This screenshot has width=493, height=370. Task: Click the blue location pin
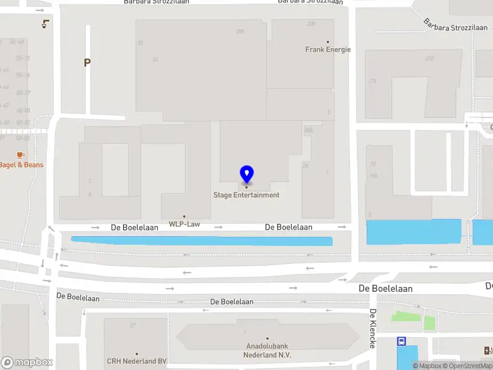click(246, 175)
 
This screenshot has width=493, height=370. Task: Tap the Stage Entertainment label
click(246, 195)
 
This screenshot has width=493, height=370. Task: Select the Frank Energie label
click(328, 50)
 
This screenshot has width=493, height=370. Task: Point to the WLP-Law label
click(184, 224)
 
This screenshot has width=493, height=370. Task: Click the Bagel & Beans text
click(22, 165)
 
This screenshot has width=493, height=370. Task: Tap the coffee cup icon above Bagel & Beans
click(20, 154)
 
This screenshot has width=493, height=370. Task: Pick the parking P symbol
click(87, 62)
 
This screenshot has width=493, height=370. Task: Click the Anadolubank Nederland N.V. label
click(267, 351)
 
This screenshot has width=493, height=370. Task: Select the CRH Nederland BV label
click(137, 361)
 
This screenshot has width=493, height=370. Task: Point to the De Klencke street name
click(373, 329)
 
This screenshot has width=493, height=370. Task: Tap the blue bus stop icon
click(402, 341)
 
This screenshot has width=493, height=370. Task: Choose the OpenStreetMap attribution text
click(465, 366)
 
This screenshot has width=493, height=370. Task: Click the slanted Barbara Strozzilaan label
click(455, 25)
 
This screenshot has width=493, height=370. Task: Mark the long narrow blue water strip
click(202, 240)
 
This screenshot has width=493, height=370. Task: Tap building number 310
click(428, 59)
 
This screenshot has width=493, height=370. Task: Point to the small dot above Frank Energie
click(328, 42)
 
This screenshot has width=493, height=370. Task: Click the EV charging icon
click(488, 351)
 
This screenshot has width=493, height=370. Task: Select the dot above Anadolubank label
click(267, 338)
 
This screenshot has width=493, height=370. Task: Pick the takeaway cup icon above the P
click(45, 24)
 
